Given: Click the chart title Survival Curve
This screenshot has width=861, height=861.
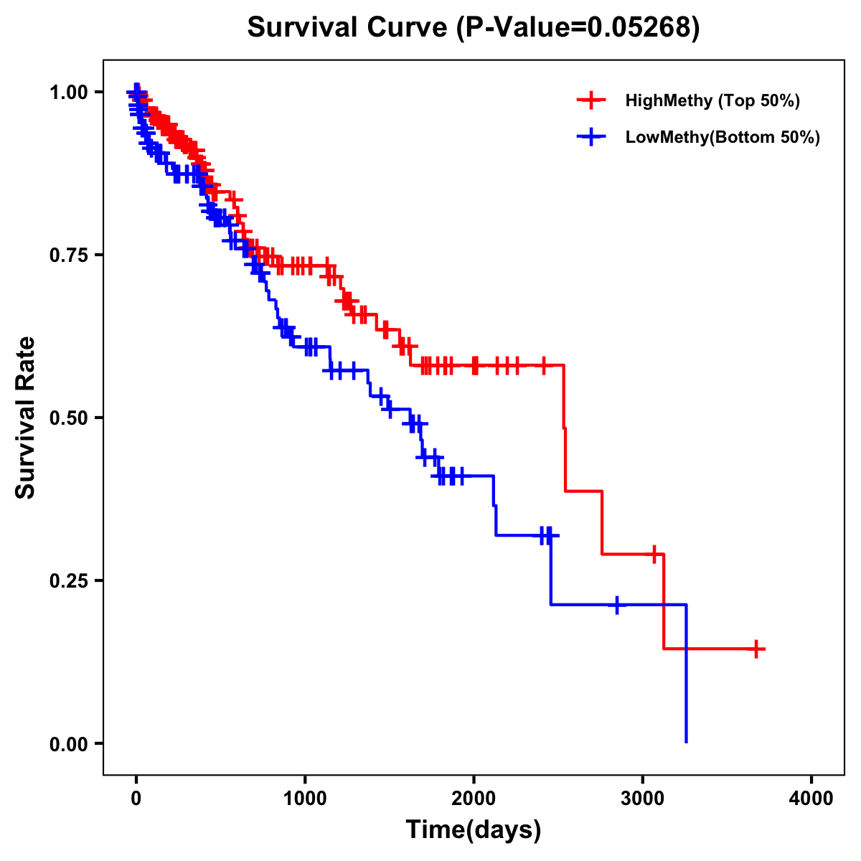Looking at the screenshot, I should point(474,28).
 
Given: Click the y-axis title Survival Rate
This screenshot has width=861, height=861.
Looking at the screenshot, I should point(26,417).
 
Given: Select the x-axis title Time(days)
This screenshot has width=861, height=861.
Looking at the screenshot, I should point(474,829).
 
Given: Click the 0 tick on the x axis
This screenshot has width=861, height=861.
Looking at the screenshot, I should point(136,799).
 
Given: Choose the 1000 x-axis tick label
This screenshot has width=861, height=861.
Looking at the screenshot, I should point(305,799).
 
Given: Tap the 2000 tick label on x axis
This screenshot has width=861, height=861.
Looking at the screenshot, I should point(474,799).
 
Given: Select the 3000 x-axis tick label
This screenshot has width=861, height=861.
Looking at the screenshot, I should point(643,799).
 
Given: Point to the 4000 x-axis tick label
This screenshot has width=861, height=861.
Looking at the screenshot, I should point(811,799).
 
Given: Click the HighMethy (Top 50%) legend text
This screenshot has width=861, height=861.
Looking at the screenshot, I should point(712,100).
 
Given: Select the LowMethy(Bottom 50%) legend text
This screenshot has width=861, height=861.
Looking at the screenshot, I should point(723,137).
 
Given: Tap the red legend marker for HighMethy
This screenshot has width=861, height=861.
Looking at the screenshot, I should point(591,100).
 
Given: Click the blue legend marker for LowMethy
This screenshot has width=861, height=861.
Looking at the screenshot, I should point(591,137).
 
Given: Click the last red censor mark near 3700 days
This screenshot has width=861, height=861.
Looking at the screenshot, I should point(756,649).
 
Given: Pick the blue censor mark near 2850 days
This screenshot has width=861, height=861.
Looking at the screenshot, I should point(616,605).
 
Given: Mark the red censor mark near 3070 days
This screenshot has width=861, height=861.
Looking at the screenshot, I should point(654,554).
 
